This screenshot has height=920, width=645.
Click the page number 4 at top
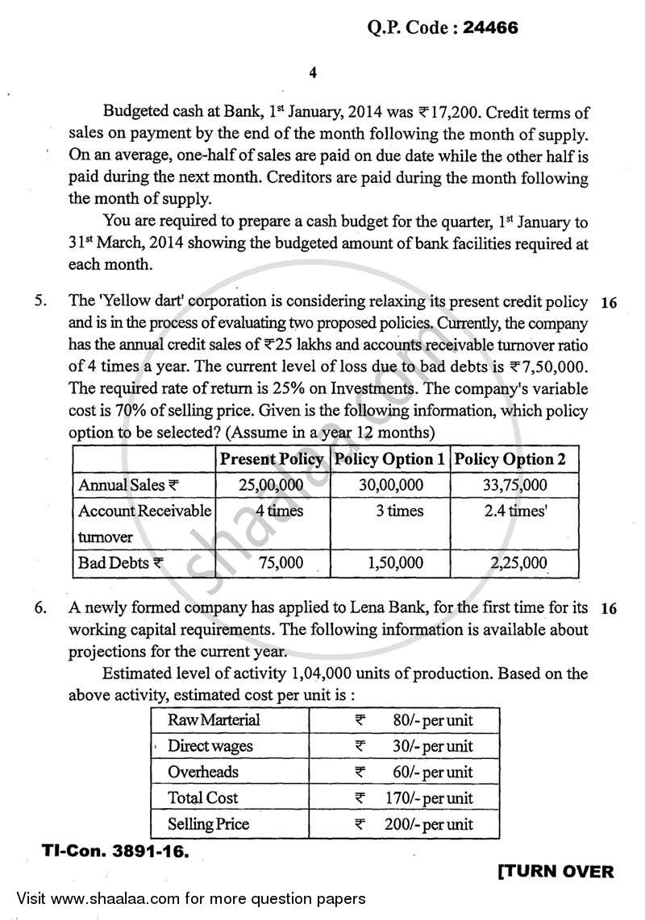tap(313, 73)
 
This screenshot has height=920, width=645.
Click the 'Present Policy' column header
tap(272, 460)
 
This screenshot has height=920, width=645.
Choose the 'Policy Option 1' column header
tap(389, 460)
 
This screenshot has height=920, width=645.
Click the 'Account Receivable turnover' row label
tap(144, 523)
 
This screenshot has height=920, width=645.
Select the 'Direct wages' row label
tap(210, 746)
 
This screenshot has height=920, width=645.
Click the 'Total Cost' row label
tap(202, 798)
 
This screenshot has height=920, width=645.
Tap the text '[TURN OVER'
tap(556, 872)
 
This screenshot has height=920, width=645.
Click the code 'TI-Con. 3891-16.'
tap(113, 851)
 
